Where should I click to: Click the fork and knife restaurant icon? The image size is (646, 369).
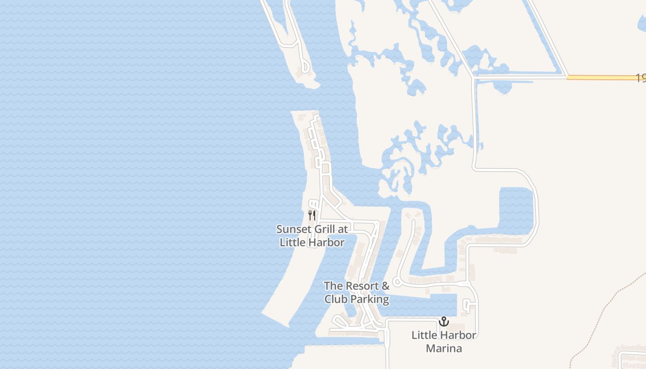(x=312, y=215)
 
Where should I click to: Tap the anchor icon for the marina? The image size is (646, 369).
(x=444, y=321)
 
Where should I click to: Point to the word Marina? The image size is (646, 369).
(x=444, y=348)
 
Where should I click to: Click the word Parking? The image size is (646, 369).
(x=369, y=299)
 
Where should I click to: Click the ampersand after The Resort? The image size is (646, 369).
(x=385, y=286)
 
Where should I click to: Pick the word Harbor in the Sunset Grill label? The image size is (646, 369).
(x=327, y=243)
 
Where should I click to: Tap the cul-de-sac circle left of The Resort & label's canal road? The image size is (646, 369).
(x=396, y=282)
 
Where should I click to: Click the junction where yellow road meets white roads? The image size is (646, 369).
(x=567, y=77)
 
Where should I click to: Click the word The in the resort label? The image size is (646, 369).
(x=333, y=286)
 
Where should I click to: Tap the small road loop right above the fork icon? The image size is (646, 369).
(x=313, y=203)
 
